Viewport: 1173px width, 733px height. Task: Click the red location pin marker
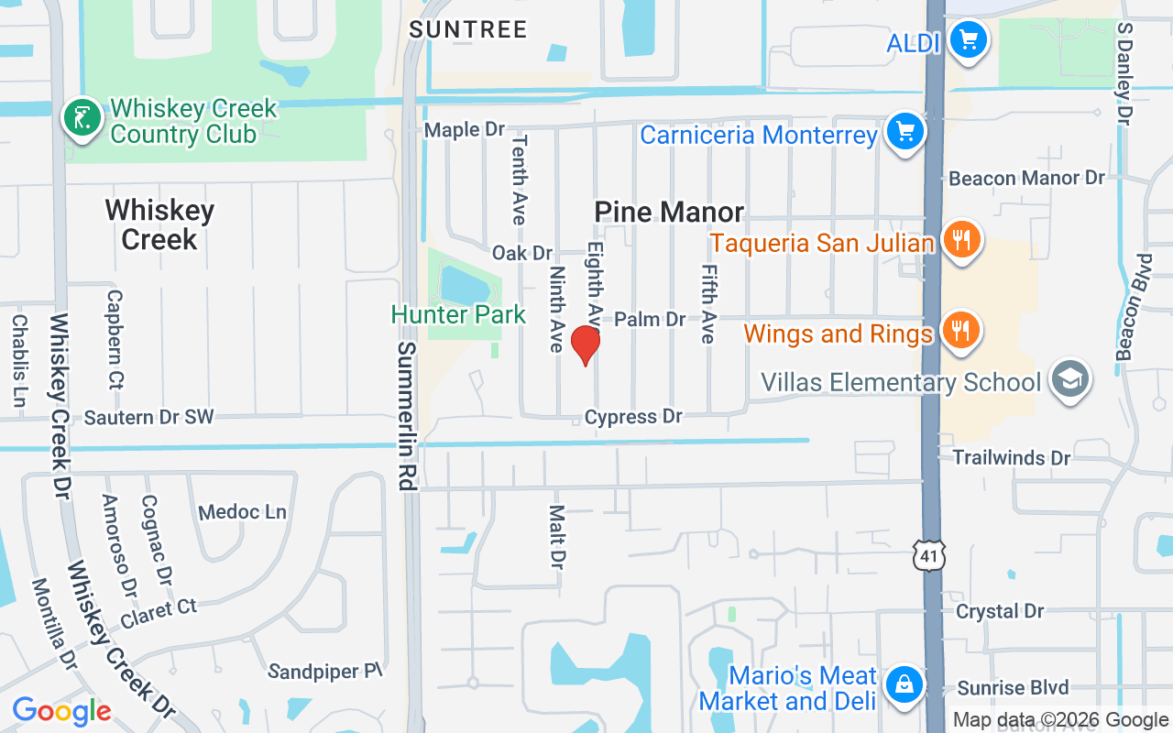point(586,345)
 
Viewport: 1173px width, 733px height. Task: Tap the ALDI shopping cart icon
point(968,41)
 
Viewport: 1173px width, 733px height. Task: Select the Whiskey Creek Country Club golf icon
point(82,118)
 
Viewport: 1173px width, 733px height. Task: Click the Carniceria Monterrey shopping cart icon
point(905,132)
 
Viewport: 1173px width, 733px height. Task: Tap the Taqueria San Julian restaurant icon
point(960,241)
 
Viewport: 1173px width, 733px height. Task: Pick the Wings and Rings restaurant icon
point(960,331)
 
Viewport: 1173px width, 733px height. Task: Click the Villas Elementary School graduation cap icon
point(1069,379)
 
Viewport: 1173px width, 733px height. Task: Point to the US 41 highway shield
point(928,554)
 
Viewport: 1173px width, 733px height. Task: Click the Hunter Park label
point(458,315)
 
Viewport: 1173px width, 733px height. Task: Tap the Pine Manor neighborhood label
point(669,213)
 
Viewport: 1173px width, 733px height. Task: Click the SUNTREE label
point(468,29)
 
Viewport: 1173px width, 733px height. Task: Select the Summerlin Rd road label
point(408,416)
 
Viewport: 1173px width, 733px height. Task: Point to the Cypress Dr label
point(633,417)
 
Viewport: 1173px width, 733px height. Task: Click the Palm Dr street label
point(650,319)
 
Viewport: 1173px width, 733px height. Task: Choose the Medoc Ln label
point(242,512)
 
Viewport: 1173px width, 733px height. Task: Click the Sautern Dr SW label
point(148,418)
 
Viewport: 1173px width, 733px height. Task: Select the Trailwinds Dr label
point(1012,457)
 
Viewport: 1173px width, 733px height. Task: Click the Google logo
point(61,710)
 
